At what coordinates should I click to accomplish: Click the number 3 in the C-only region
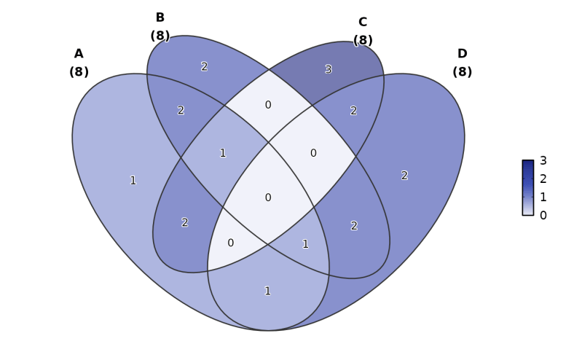click(329, 70)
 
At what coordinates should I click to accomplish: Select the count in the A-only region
click(133, 181)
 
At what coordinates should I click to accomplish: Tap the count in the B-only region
click(204, 67)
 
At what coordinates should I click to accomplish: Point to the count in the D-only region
click(404, 176)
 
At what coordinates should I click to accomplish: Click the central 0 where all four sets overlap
click(268, 197)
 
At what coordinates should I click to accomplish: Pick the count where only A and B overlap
click(181, 111)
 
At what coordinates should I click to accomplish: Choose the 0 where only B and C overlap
click(268, 105)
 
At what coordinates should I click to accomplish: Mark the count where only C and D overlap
click(353, 111)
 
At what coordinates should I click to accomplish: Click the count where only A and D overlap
click(267, 291)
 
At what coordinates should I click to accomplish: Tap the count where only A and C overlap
click(185, 223)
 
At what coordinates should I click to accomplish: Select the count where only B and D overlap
click(354, 226)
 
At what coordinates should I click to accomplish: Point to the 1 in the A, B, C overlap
click(223, 153)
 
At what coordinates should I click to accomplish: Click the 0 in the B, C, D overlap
click(313, 153)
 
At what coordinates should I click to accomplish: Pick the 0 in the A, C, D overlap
click(231, 243)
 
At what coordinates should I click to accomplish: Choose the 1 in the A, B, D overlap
click(305, 244)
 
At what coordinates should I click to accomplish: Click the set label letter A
click(79, 54)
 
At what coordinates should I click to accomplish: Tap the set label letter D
click(462, 54)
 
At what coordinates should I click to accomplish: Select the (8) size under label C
click(363, 41)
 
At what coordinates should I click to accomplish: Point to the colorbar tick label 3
click(543, 161)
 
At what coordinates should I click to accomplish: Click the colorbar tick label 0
click(543, 216)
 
